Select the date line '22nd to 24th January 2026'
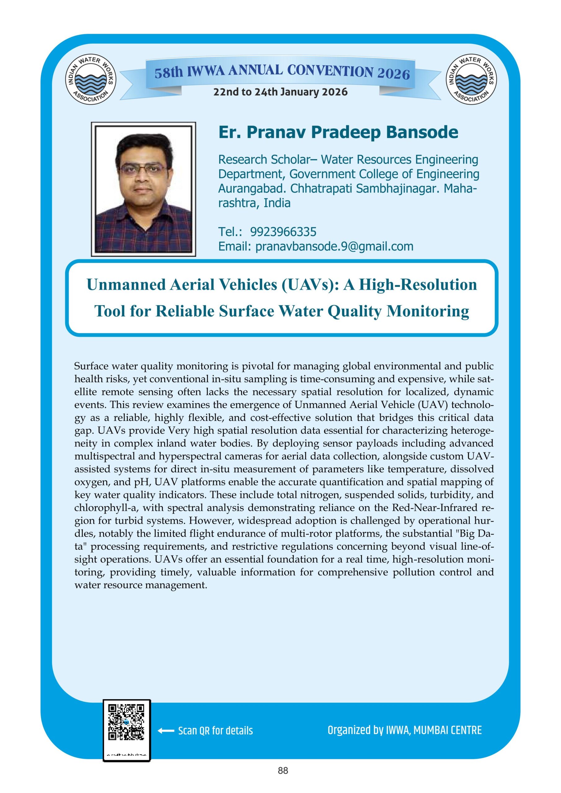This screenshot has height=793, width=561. [280, 92]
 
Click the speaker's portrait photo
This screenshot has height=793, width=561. [144, 189]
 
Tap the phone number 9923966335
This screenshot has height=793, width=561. [283, 231]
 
